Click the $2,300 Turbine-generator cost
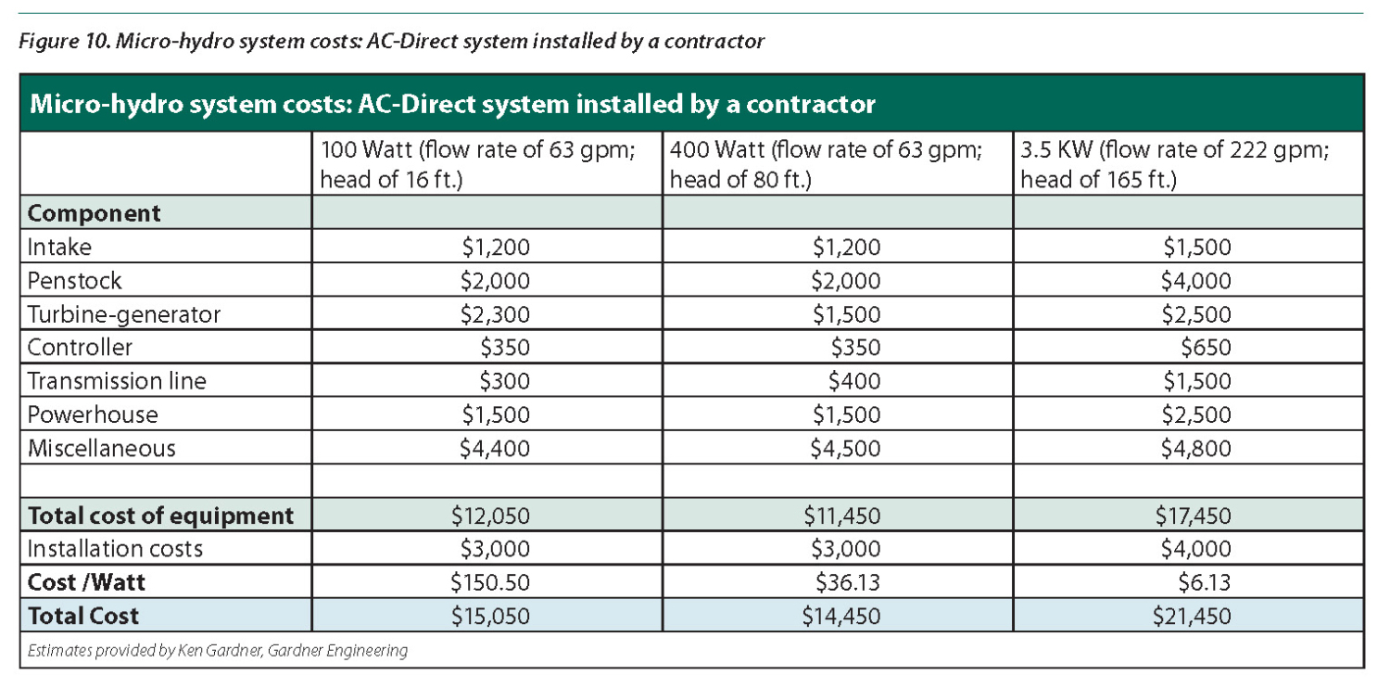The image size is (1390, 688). pyautogui.click(x=495, y=314)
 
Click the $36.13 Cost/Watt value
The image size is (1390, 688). pyautogui.click(x=846, y=582)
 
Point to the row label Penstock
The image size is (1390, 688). pyautogui.click(x=74, y=281)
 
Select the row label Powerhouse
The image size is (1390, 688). pyautogui.click(x=93, y=414)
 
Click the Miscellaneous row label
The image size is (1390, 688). pyautogui.click(x=101, y=449)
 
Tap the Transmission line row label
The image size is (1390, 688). pyautogui.click(x=117, y=381)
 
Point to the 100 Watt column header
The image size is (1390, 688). pyautogui.click(x=477, y=163)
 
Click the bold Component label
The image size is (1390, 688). pyautogui.click(x=94, y=213)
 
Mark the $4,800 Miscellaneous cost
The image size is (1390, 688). pyautogui.click(x=1196, y=449)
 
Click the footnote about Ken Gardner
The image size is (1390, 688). pyautogui.click(x=218, y=650)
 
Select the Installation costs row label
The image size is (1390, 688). pyautogui.click(x=115, y=549)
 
